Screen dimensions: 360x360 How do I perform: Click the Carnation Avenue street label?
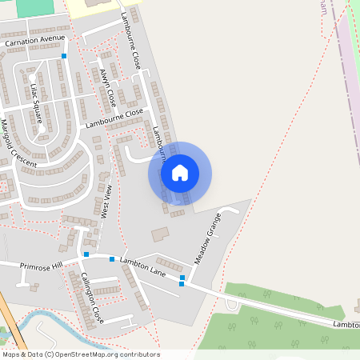pos(34,38)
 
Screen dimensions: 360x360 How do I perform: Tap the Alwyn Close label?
pos(108,88)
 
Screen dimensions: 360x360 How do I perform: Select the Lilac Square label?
pos(36,104)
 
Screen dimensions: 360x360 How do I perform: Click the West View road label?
pos(104,201)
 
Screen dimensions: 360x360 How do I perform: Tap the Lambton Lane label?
pos(142,267)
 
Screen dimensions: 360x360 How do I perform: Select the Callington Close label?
pos(91,298)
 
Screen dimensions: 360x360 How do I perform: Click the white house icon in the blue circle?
pos(180,173)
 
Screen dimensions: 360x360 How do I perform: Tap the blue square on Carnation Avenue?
pos(64,56)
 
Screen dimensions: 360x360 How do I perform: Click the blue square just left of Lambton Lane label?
pos(112,259)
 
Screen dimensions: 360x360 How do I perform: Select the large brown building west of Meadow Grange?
pos(160,234)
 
